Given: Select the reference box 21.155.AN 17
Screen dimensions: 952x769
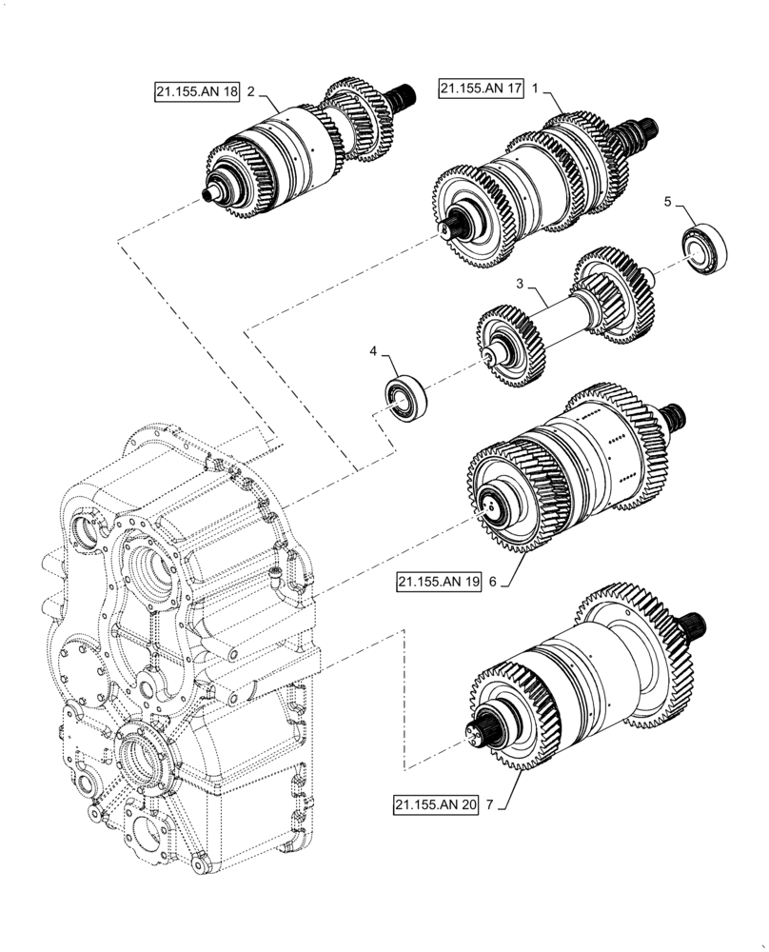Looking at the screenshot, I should pos(481,89).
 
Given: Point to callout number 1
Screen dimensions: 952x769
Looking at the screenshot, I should pos(536,89).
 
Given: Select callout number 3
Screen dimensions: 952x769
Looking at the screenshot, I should pos(520,284).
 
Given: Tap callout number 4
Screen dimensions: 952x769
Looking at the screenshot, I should pos(374,353).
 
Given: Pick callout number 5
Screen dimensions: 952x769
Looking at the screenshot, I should pos(667,202).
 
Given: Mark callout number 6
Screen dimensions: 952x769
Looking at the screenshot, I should pos(492,581).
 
